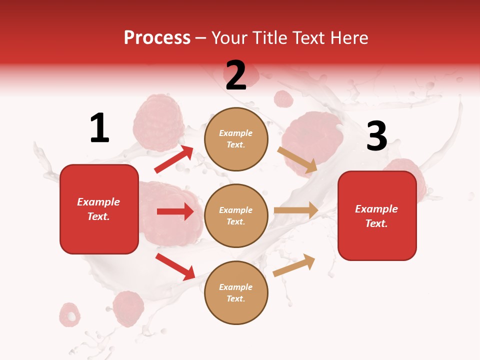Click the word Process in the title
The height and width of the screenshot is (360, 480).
157,38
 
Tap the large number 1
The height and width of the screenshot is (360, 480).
99,128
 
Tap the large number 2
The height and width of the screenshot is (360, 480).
236,75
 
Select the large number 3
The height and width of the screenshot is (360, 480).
376,136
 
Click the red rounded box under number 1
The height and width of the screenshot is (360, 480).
99,209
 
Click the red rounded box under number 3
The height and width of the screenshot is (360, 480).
377,216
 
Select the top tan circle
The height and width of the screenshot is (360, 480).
236,139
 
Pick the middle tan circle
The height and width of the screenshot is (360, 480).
236,215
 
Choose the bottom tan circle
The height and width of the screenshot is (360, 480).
236,292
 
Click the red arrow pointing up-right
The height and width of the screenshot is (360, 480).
174,159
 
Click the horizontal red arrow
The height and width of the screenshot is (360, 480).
175,211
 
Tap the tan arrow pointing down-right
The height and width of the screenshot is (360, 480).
297,159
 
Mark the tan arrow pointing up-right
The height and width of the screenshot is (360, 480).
294,265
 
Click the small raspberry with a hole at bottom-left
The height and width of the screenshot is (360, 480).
70,314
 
